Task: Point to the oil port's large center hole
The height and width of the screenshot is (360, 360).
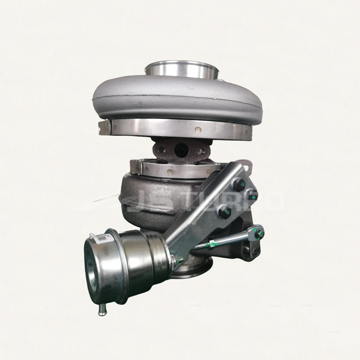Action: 181,150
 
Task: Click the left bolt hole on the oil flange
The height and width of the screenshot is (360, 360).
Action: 161,150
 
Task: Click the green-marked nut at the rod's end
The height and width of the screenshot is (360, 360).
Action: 259,233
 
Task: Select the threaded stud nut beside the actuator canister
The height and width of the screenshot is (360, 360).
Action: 178,260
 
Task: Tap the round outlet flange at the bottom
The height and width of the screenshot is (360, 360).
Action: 193,270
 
